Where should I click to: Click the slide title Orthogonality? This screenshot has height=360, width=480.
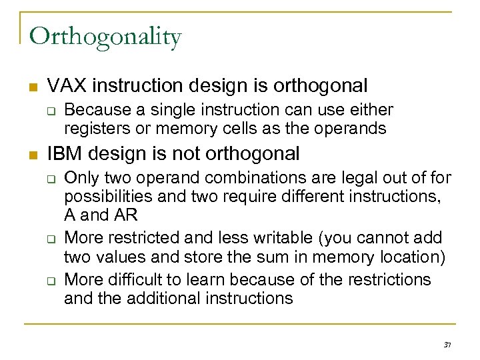(x=105, y=38)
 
